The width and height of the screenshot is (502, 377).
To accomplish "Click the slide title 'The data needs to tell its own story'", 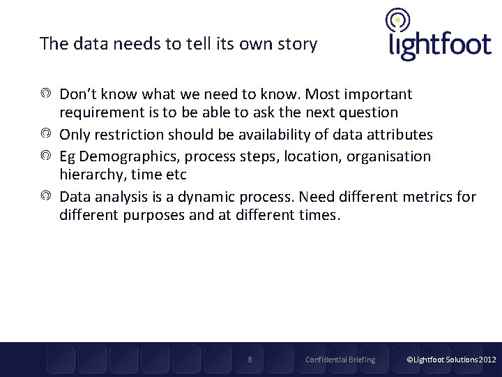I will [178, 44].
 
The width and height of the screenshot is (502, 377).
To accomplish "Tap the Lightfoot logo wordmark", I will [439, 45].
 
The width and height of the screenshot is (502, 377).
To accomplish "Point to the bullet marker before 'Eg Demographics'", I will [45, 156].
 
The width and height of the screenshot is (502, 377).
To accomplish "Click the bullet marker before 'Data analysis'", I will [45, 197].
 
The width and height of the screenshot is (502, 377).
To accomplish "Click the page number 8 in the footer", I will [250, 360].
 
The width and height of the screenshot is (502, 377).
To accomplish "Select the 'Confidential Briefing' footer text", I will [340, 360].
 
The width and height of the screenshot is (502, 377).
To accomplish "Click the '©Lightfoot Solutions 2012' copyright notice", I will [451, 360].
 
